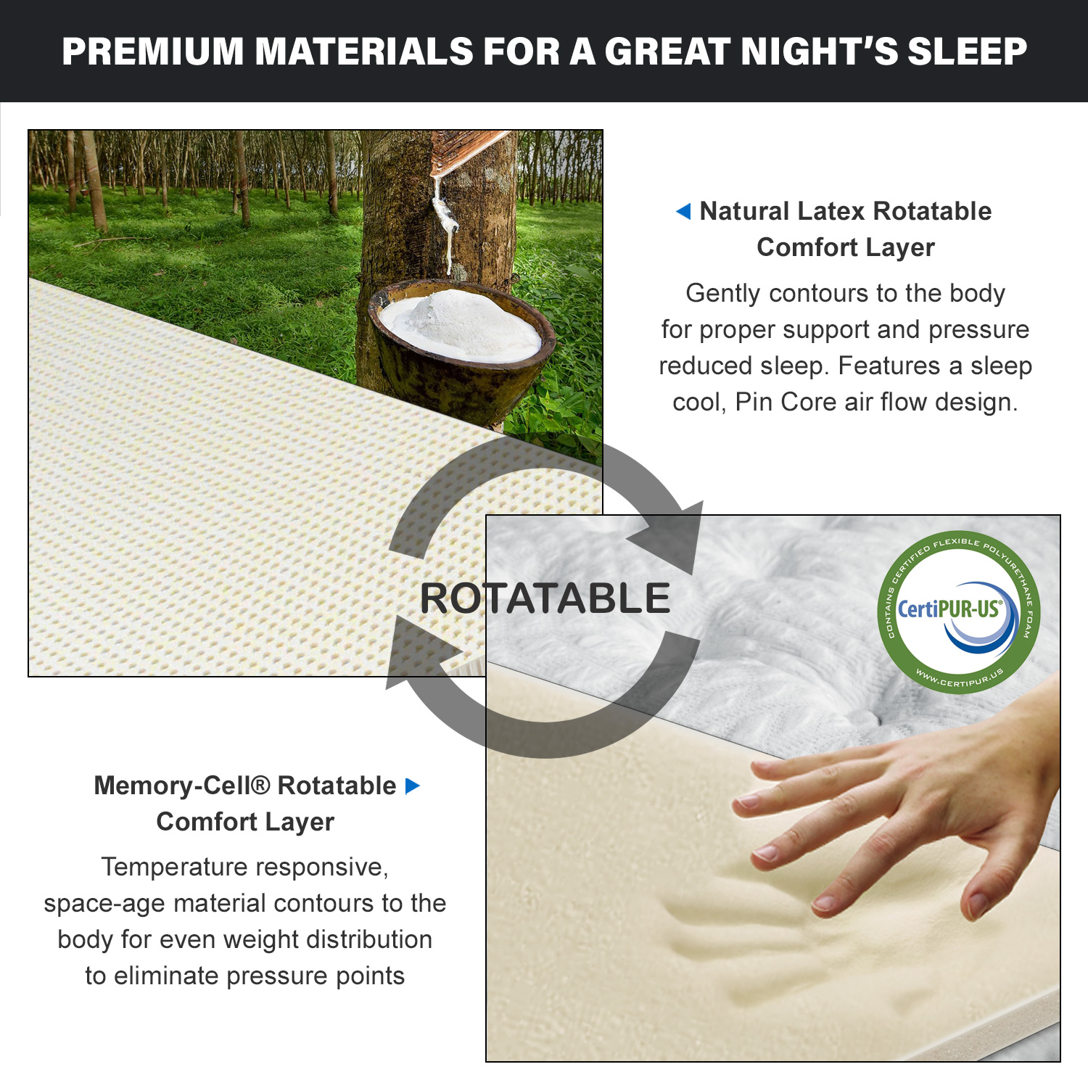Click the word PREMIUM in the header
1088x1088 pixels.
(153, 51)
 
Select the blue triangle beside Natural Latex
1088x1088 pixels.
(683, 211)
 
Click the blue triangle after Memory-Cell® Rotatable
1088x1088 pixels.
(413, 786)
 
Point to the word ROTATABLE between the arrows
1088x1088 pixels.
(545, 598)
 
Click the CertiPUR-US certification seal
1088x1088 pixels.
(959, 611)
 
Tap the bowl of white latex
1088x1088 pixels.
(461, 341)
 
